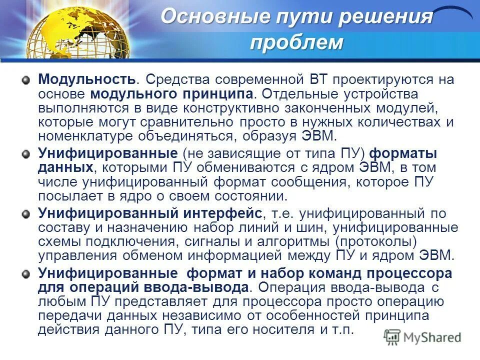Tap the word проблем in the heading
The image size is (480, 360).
(296, 43)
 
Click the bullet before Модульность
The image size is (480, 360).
(25, 80)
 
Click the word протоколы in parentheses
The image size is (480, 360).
(375, 242)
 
